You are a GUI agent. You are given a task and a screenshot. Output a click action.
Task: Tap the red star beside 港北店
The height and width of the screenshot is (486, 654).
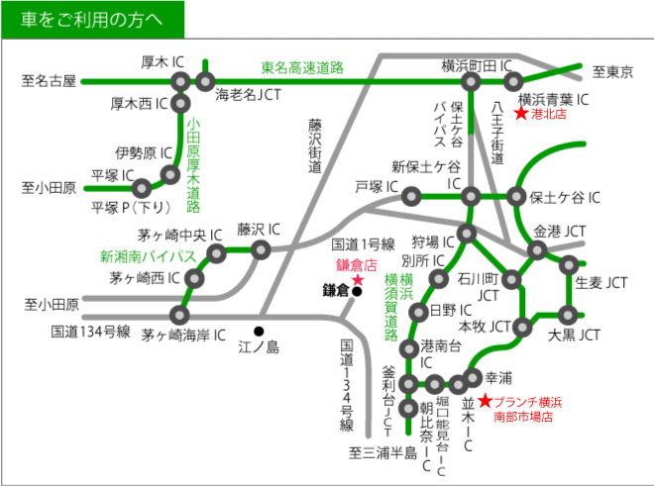520,115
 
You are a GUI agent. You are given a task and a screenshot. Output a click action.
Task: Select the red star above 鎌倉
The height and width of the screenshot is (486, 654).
358,281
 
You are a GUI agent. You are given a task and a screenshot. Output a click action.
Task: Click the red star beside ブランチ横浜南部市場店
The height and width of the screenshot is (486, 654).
485,401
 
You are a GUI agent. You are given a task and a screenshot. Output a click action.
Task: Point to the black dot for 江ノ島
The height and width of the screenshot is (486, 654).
259,331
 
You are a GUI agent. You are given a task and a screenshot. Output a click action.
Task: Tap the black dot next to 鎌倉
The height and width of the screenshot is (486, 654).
357,292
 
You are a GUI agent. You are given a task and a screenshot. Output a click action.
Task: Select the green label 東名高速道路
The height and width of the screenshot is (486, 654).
302,67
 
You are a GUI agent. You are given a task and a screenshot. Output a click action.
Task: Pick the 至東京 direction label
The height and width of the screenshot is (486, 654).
612,71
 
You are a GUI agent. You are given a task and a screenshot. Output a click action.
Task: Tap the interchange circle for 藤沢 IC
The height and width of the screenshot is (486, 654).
262,249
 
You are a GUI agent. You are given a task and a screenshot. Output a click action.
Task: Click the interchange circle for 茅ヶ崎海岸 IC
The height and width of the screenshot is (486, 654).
179,315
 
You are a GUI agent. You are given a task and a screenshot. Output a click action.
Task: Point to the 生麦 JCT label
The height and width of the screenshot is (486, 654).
602,282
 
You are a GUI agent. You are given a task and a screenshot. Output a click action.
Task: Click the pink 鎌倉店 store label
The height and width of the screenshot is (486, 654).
358,265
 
